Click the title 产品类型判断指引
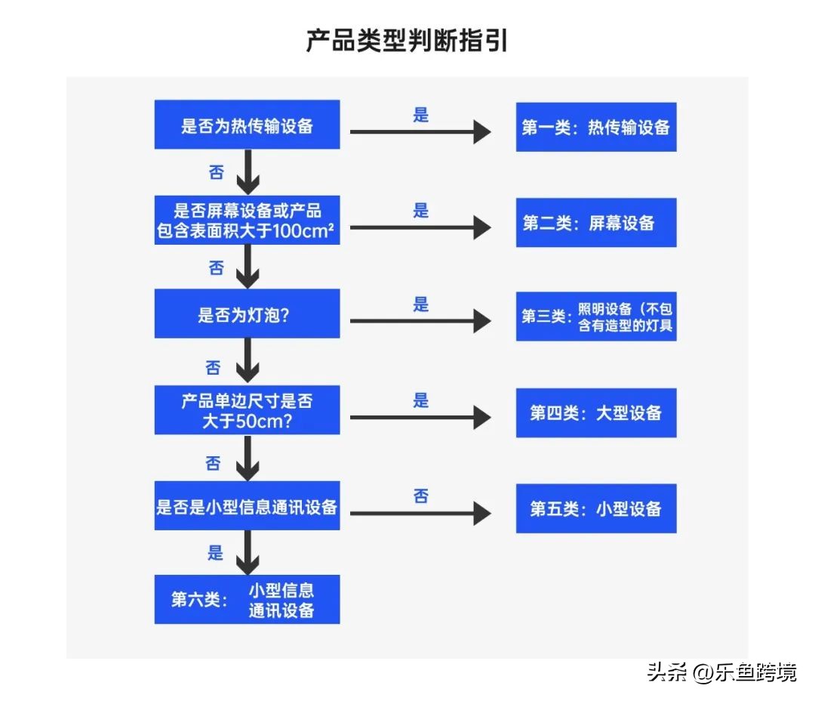point(407,42)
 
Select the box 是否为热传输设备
point(247,125)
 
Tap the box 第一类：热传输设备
point(595,127)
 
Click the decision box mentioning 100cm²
point(247,221)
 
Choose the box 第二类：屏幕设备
point(595,223)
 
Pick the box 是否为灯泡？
point(247,314)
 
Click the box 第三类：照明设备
point(595,317)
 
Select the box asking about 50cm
point(247,410)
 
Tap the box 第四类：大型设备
point(595,412)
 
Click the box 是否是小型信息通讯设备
point(247,506)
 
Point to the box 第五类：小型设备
point(595,508)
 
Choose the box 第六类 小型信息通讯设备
point(247,600)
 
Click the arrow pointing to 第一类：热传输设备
point(420,133)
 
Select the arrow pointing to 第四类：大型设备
point(420,417)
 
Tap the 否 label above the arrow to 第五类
point(421,496)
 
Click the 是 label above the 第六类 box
point(216,553)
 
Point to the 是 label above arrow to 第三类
point(421,304)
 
